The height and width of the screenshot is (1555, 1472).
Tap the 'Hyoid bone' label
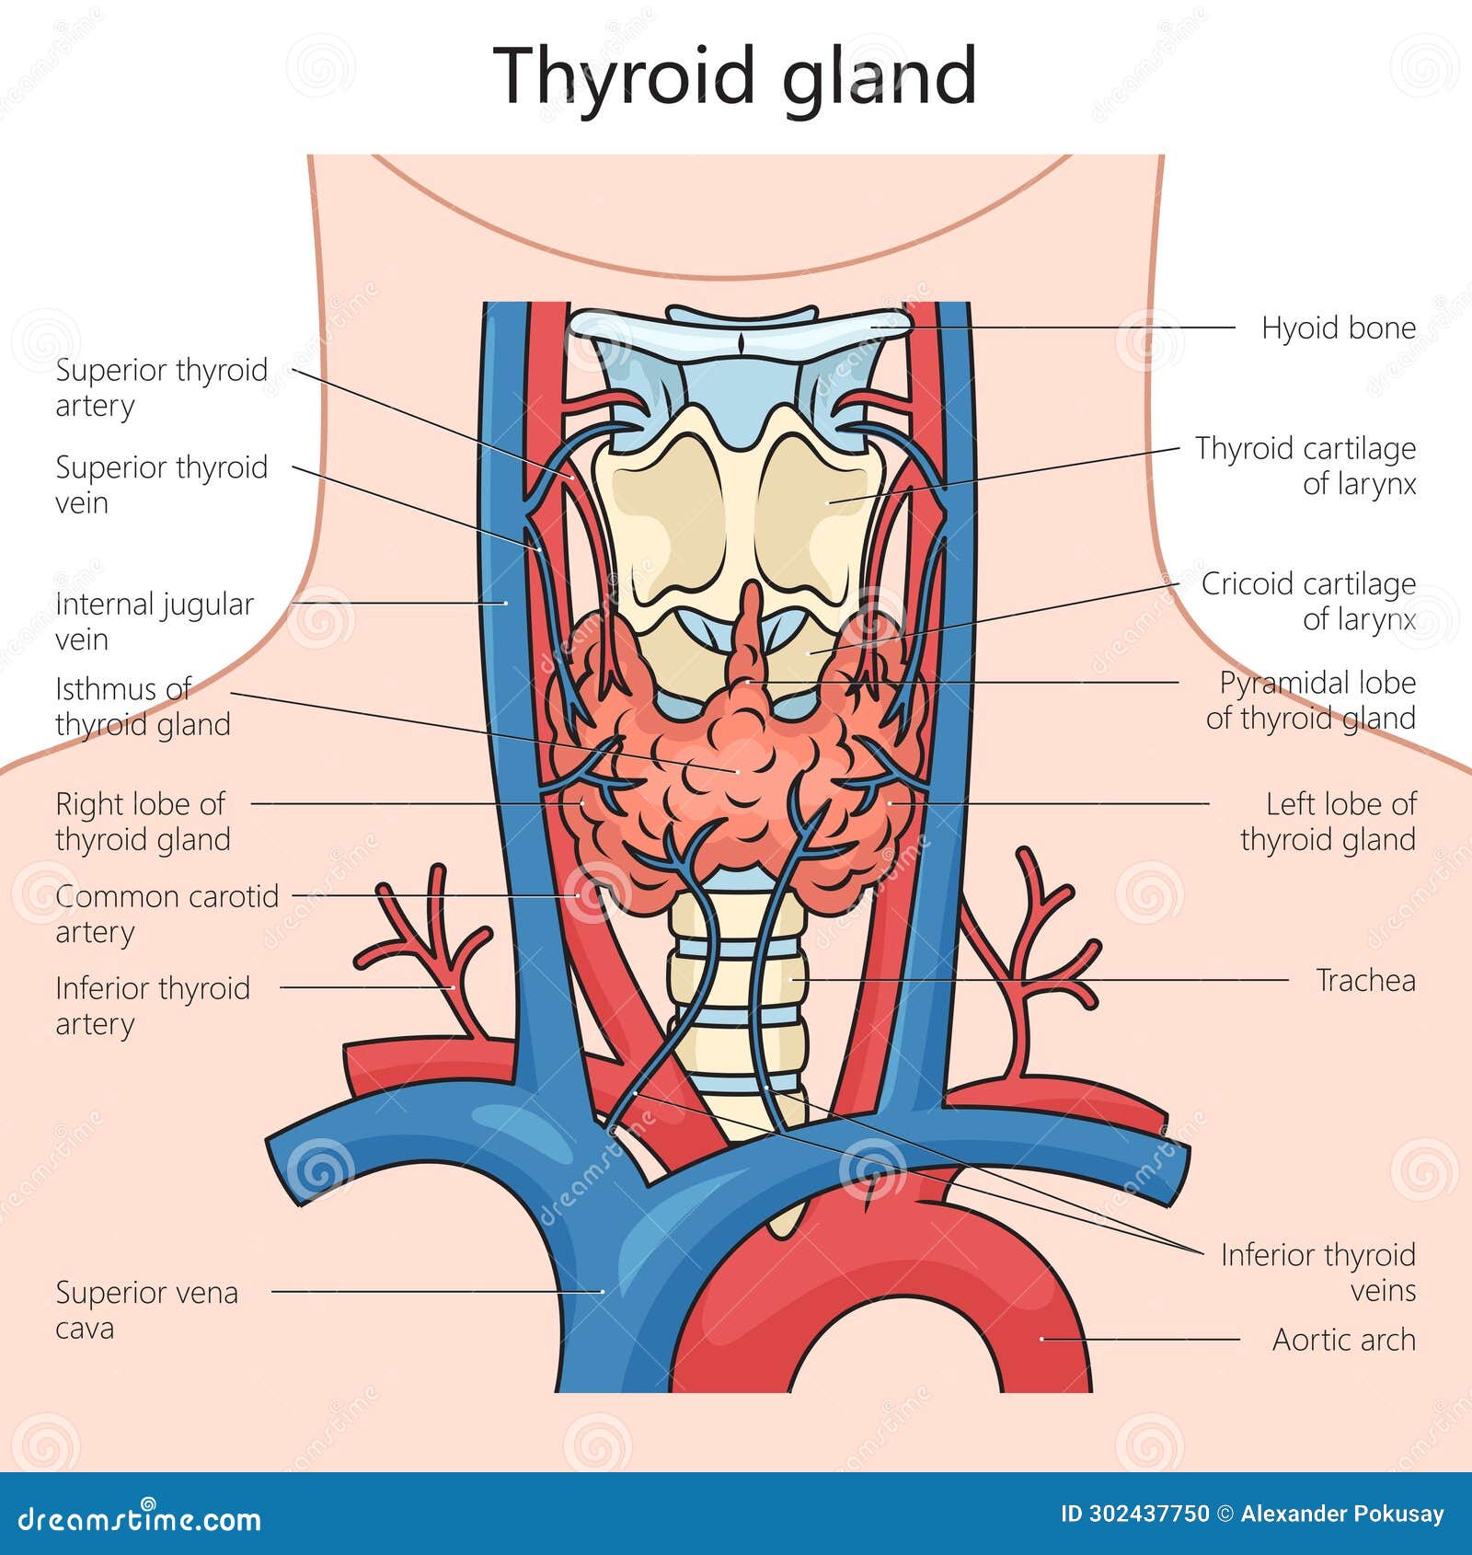(1338, 328)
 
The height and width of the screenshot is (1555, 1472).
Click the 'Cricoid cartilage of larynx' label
(1307, 601)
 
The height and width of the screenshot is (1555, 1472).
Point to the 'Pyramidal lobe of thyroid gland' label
(1310, 700)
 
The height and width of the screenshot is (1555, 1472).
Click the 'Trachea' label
(1365, 981)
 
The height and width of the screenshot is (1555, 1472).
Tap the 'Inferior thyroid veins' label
(1317, 1273)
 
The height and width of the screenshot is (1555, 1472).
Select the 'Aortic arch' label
(1343, 1340)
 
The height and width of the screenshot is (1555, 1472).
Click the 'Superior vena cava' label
(147, 1310)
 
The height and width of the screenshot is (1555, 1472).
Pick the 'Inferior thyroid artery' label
(153, 1006)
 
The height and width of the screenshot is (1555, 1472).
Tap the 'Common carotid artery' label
(167, 914)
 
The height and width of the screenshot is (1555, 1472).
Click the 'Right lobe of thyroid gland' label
(143, 822)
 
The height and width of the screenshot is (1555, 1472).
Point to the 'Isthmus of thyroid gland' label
(143, 707)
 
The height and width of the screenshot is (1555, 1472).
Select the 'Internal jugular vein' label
(155, 621)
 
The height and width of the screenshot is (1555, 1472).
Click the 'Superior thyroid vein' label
(162, 484)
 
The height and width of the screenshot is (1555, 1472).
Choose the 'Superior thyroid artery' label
(162, 387)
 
